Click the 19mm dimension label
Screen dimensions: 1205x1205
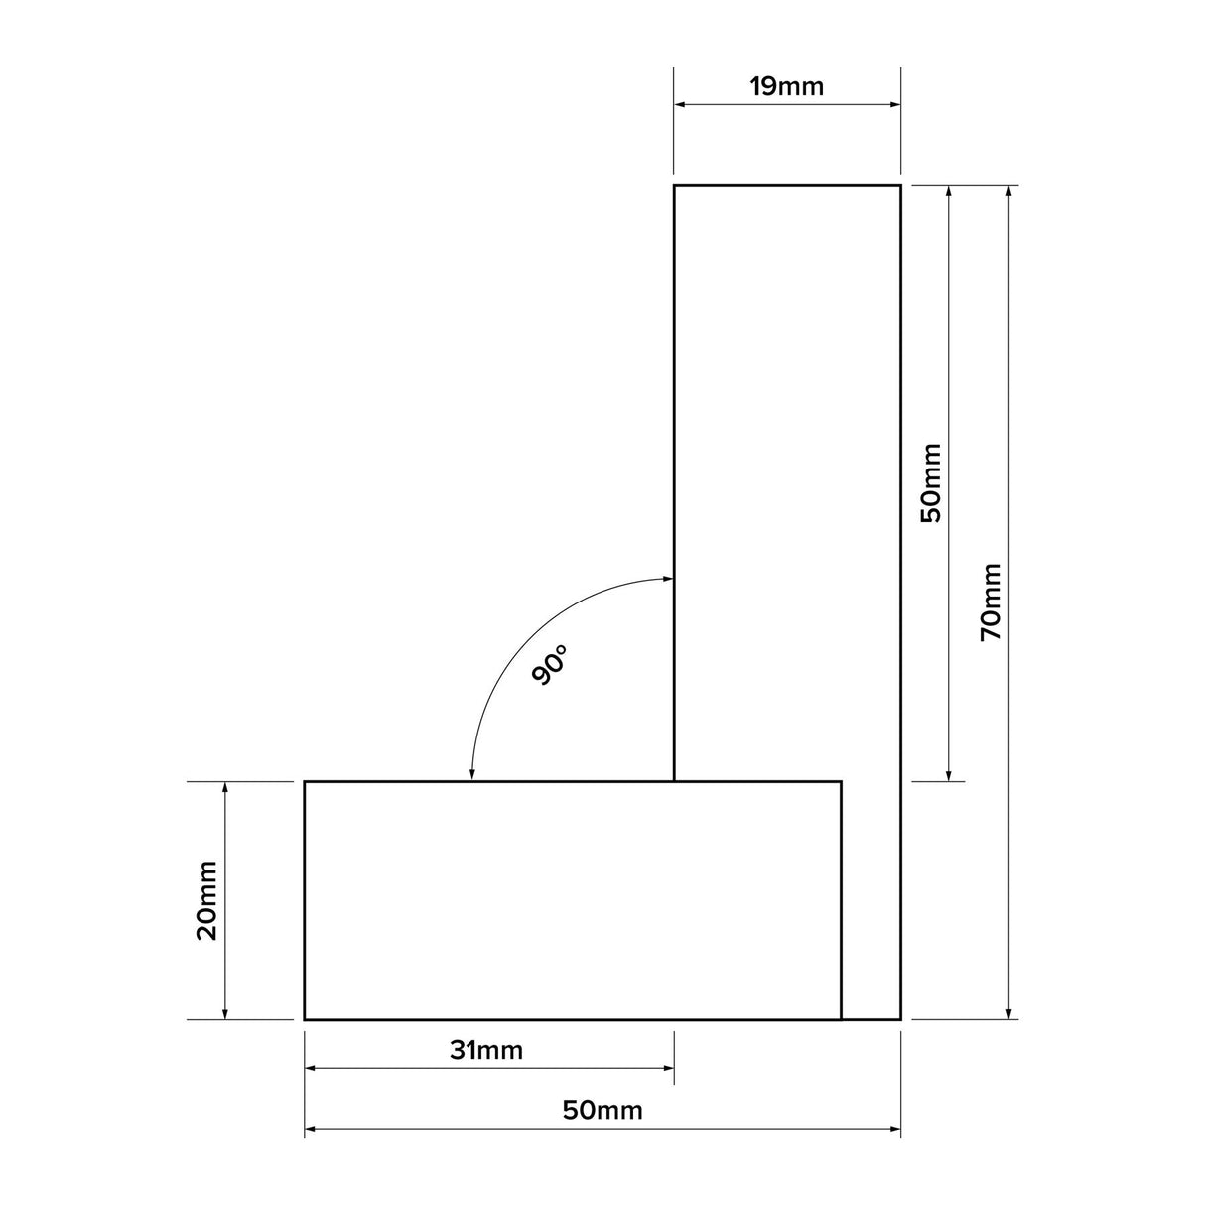[786, 86]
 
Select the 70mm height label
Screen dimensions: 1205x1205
[991, 602]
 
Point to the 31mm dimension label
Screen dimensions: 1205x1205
[485, 1050]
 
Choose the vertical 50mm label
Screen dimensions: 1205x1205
[931, 483]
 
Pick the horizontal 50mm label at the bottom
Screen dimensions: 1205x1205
[602, 1111]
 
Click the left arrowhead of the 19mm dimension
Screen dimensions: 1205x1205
[681, 103]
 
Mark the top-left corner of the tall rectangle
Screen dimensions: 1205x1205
[675, 186]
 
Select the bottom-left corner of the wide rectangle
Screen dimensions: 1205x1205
[305, 1019]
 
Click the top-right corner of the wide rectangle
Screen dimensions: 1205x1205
[842, 782]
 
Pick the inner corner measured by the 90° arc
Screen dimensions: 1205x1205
[675, 782]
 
